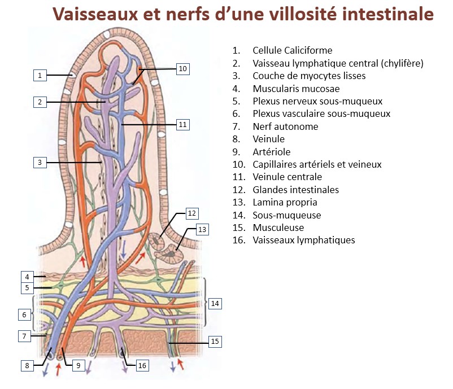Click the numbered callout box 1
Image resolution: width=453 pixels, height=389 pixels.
[40, 75]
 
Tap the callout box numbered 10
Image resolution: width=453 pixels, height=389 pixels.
[182, 69]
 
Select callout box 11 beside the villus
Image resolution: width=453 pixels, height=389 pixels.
[182, 124]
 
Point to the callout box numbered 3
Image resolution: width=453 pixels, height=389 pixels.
[40, 163]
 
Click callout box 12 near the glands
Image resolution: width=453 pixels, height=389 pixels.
[192, 213]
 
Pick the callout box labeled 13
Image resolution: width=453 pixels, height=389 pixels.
[202, 230]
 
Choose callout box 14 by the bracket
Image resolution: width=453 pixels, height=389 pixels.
[215, 303]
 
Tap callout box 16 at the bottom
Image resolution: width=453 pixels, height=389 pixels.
[142, 365]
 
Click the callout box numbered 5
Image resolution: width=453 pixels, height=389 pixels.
[26, 288]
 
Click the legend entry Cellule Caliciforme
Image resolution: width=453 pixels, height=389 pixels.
[292, 51]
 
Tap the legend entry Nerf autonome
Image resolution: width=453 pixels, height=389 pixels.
[285, 126]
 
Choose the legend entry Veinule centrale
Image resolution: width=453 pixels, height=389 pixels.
[288, 177]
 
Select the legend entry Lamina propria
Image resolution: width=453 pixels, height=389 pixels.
[285, 202]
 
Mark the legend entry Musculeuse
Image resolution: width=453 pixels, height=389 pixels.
[278, 228]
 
